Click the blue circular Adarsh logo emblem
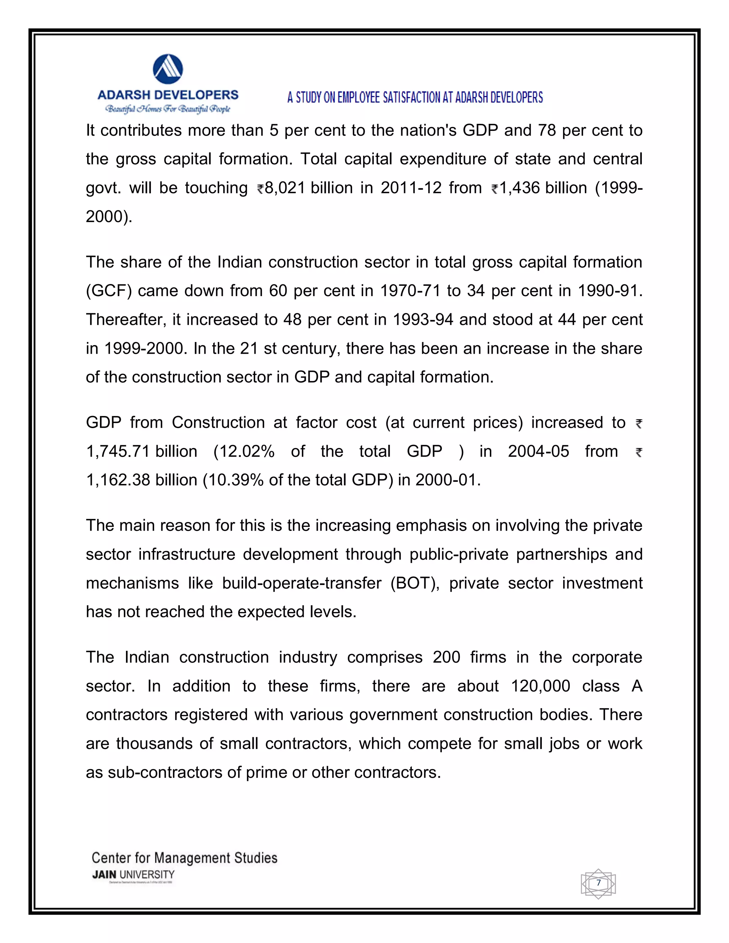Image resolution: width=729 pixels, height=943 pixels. tap(168, 69)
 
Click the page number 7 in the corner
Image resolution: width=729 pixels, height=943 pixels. tap(598, 883)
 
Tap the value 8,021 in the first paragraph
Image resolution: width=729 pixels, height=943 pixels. tap(285, 188)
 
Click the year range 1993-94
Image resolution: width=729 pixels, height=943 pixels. tap(423, 320)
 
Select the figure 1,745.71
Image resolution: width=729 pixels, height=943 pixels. tap(117, 452)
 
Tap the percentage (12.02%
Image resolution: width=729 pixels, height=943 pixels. tap(244, 452)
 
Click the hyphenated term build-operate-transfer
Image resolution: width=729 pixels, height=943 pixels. tap(301, 583)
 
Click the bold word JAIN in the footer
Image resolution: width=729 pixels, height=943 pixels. tap(104, 875)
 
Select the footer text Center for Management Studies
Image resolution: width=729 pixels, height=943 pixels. tap(184, 858)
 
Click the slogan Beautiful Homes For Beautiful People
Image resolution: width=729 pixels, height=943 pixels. tap(168, 109)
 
